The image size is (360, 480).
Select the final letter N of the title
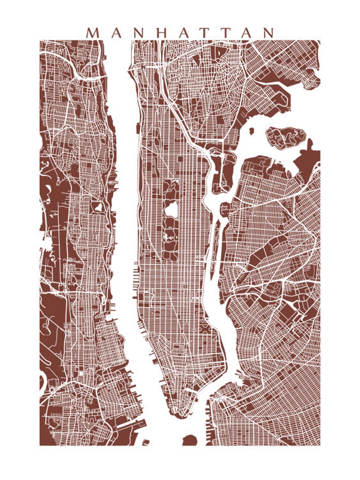tap(268, 33)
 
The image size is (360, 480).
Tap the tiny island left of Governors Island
tap(146, 441)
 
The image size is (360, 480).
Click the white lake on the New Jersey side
tap(98, 207)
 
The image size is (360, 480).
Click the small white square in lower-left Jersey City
tap(81, 374)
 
